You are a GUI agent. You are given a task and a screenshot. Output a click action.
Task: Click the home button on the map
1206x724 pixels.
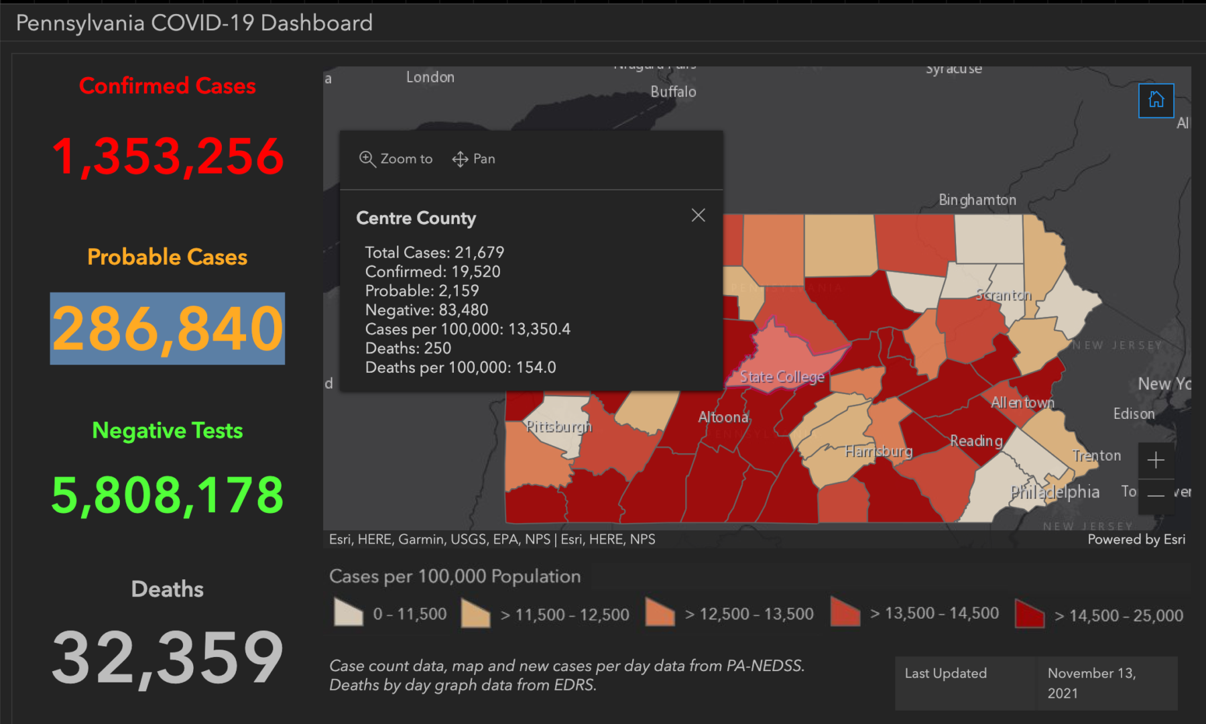(1156, 100)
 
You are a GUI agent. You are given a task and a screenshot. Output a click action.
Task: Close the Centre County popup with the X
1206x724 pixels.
(698, 215)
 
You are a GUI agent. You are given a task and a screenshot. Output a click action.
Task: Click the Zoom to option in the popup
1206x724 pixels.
(396, 159)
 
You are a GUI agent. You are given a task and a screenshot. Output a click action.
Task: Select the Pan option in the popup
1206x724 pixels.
(474, 159)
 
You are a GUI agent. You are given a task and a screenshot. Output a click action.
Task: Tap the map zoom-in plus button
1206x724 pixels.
(1155, 461)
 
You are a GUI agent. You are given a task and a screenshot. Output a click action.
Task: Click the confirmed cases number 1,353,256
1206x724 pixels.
(168, 157)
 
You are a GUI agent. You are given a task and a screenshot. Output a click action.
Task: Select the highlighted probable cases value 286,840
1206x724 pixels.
(168, 328)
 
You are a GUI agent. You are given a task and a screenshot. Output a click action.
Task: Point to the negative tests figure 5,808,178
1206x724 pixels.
(168, 495)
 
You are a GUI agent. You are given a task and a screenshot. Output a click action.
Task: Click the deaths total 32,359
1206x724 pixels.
(168, 658)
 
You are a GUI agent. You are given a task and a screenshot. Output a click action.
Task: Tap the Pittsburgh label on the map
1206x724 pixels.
(558, 426)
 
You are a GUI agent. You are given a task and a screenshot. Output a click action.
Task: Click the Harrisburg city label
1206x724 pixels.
(878, 451)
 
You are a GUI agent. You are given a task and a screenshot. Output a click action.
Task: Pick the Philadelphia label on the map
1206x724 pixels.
(1054, 492)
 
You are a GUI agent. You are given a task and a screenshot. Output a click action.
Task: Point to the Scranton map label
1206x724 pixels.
(1003, 295)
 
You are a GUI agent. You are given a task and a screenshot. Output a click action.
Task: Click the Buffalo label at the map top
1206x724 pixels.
(673, 92)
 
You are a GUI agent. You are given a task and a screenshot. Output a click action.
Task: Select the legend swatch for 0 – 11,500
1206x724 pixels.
(348, 613)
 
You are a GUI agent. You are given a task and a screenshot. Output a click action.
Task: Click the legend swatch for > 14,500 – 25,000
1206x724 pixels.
(1030, 613)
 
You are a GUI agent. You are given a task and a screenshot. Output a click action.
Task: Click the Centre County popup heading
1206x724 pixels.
(416, 218)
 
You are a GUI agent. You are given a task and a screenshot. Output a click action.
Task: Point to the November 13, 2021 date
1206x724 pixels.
(1091, 682)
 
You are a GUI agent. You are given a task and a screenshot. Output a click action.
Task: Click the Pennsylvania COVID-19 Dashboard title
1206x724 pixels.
(194, 23)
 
